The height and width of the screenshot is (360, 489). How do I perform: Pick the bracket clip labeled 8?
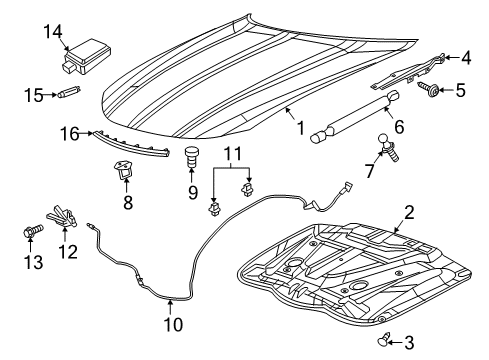point(125,172)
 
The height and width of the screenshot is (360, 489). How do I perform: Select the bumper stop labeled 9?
point(192,157)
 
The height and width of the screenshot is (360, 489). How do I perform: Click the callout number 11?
point(231,155)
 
